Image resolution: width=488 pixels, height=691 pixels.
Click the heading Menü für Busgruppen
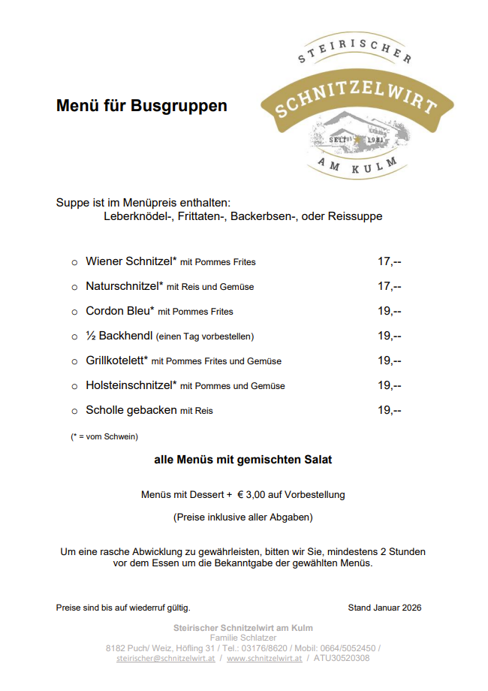pos(141,106)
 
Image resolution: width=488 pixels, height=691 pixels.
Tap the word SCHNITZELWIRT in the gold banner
pos(356,98)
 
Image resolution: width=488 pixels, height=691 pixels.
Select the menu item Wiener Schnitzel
pos(131,261)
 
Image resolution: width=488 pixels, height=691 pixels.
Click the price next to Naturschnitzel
pos(389,286)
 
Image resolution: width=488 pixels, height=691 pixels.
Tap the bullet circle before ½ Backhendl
pos(74,336)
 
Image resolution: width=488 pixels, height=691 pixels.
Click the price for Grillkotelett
pos(389,361)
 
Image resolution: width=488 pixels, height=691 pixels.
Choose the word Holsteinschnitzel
pos(131,385)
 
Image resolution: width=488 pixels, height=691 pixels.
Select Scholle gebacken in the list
pos(131,410)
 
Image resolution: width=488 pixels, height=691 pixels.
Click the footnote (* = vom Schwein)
pos(104,436)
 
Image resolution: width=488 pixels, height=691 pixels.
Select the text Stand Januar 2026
pos(384,607)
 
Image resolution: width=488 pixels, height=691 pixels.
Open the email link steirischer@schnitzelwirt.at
pos(166,658)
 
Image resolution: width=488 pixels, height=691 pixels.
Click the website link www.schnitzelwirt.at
pos(264,658)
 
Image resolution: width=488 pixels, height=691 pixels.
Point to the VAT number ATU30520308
pos(342,658)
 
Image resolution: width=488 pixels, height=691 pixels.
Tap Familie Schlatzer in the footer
pos(243,638)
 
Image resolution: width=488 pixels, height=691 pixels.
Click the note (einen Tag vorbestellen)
pos(205,336)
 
